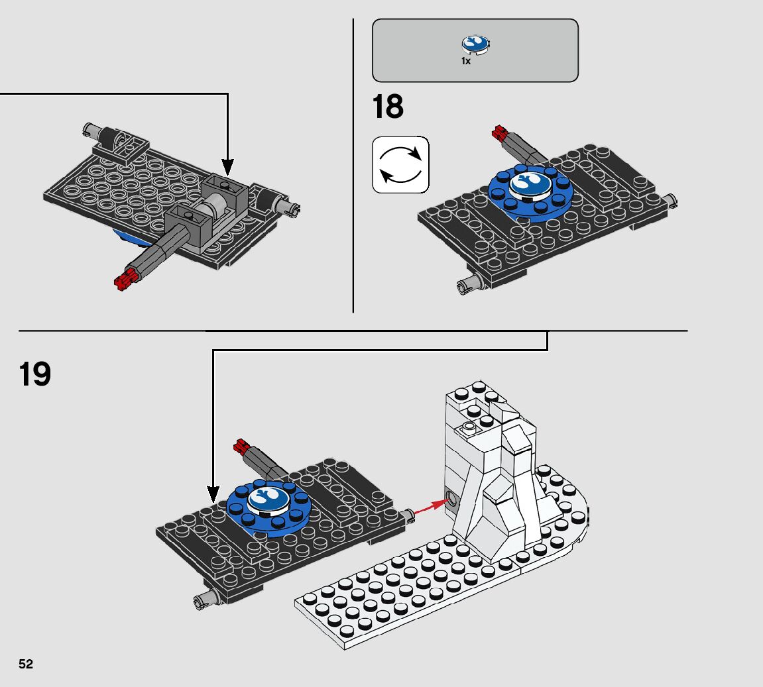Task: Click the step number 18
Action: (388, 107)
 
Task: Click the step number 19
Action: (34, 374)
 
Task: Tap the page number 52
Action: (26, 664)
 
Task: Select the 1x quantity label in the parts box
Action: (465, 61)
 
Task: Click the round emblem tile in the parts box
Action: (475, 44)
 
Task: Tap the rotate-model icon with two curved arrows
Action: (400, 165)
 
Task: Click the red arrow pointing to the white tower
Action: (430, 507)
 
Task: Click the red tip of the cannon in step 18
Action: (499, 132)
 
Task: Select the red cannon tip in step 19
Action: (241, 445)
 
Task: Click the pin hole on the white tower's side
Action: (452, 500)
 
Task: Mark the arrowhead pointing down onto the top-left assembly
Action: (228, 167)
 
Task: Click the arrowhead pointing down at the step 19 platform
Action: (213, 494)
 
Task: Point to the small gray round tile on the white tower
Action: (469, 427)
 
